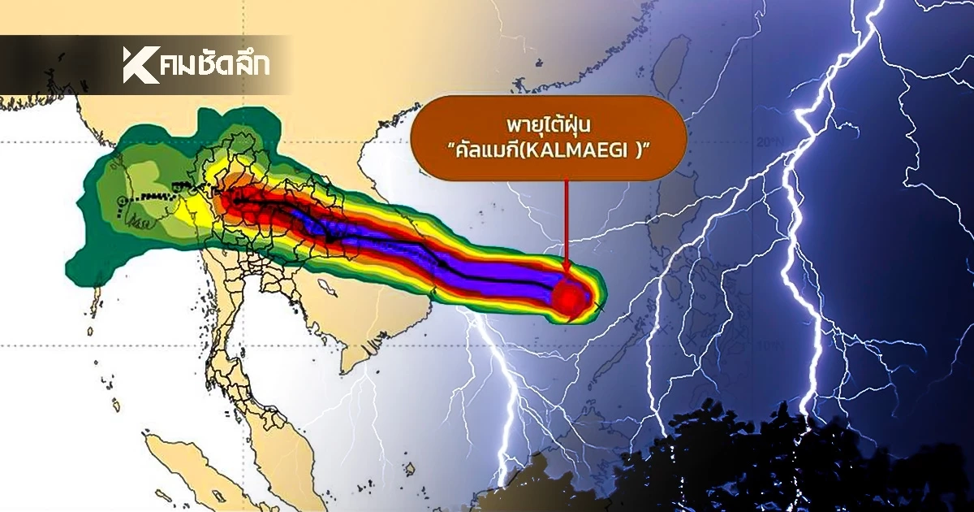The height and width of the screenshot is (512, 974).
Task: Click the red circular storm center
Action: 568,298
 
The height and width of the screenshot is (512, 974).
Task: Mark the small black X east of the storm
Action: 600,306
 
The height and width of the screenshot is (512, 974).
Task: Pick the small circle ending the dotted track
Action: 121,200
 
